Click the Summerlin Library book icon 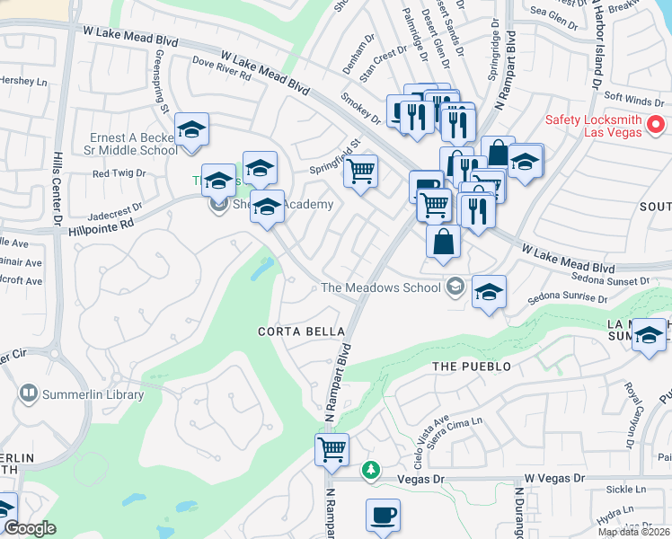pyautogui.click(x=29, y=393)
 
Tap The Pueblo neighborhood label pyautogui.click(x=471, y=367)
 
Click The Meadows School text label pyautogui.click(x=382, y=287)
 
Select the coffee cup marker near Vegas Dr pyautogui.click(x=383, y=516)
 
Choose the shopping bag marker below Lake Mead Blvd pyautogui.click(x=443, y=242)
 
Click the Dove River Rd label pyautogui.click(x=221, y=68)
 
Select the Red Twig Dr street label pyautogui.click(x=112, y=173)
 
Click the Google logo pyautogui.click(x=30, y=528)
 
